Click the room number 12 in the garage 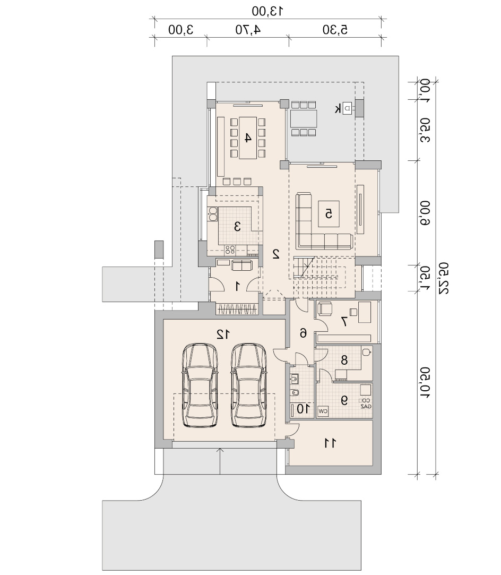(223, 334)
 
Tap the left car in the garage (200, 385)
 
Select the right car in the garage (248, 385)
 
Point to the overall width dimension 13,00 (267, 11)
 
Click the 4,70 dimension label (248, 29)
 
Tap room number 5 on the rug (329, 213)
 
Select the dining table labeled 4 (248, 138)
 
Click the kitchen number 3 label (237, 226)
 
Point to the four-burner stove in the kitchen (230, 250)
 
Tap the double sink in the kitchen (213, 214)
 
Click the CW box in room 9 (323, 411)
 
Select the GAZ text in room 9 (366, 406)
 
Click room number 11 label (330, 443)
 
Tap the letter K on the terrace (338, 108)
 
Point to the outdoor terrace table (304, 118)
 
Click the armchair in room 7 (325, 308)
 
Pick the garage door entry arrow (220, 461)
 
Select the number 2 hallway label (276, 254)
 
